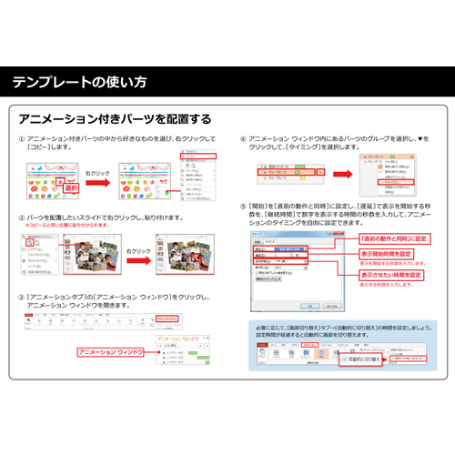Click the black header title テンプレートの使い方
click(x=79, y=83)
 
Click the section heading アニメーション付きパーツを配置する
click(x=115, y=119)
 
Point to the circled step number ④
click(x=243, y=138)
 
